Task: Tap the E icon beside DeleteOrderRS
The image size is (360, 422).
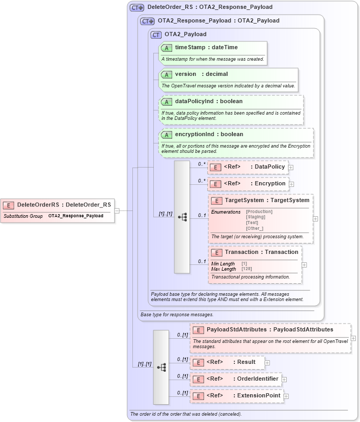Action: pos(8,205)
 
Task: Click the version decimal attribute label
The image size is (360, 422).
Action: pos(201,74)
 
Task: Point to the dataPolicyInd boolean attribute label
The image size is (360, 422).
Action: pos(209,101)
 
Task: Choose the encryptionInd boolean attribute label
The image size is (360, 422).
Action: pos(209,135)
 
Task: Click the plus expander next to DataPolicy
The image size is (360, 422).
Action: pos(291,168)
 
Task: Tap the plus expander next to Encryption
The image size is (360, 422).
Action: pos(291,184)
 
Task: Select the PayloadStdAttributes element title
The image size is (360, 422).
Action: pos(269,329)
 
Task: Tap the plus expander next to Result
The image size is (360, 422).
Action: pos(267,362)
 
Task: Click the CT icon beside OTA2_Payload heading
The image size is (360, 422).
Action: pos(156,35)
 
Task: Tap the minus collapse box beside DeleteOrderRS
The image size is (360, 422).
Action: pos(117,210)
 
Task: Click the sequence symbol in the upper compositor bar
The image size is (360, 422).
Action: pos(182,217)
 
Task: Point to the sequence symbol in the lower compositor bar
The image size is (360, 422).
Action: pos(161,367)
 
